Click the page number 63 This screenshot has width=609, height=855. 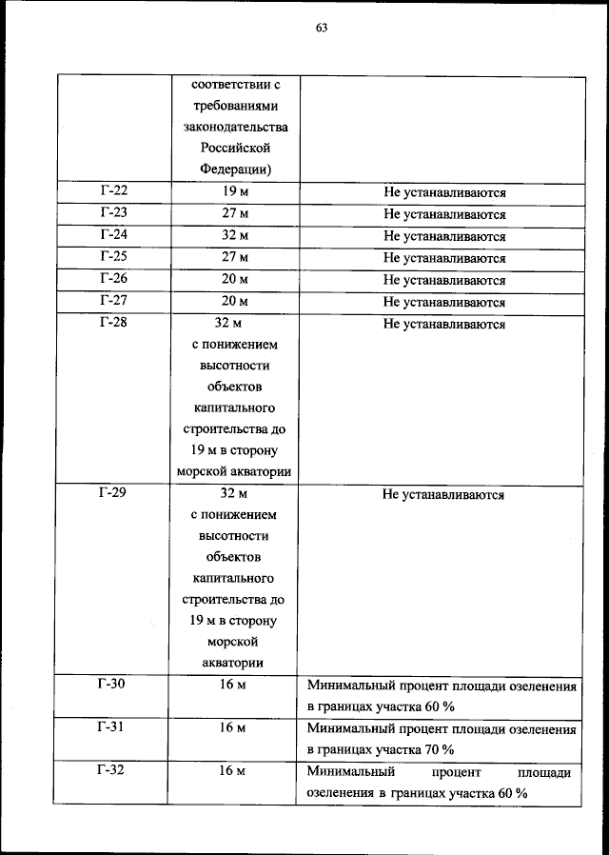tap(322, 28)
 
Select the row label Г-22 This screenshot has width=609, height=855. tap(112, 191)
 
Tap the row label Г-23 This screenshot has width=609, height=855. tap(112, 213)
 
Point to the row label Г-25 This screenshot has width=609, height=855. tap(112, 257)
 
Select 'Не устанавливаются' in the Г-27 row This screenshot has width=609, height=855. tap(443, 302)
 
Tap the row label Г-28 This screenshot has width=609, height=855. tap(112, 324)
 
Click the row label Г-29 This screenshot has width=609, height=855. tap(112, 493)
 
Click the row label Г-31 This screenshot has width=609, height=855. tap(112, 727)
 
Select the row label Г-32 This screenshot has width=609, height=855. tap(112, 770)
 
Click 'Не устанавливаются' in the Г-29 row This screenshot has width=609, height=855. tap(443, 494)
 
